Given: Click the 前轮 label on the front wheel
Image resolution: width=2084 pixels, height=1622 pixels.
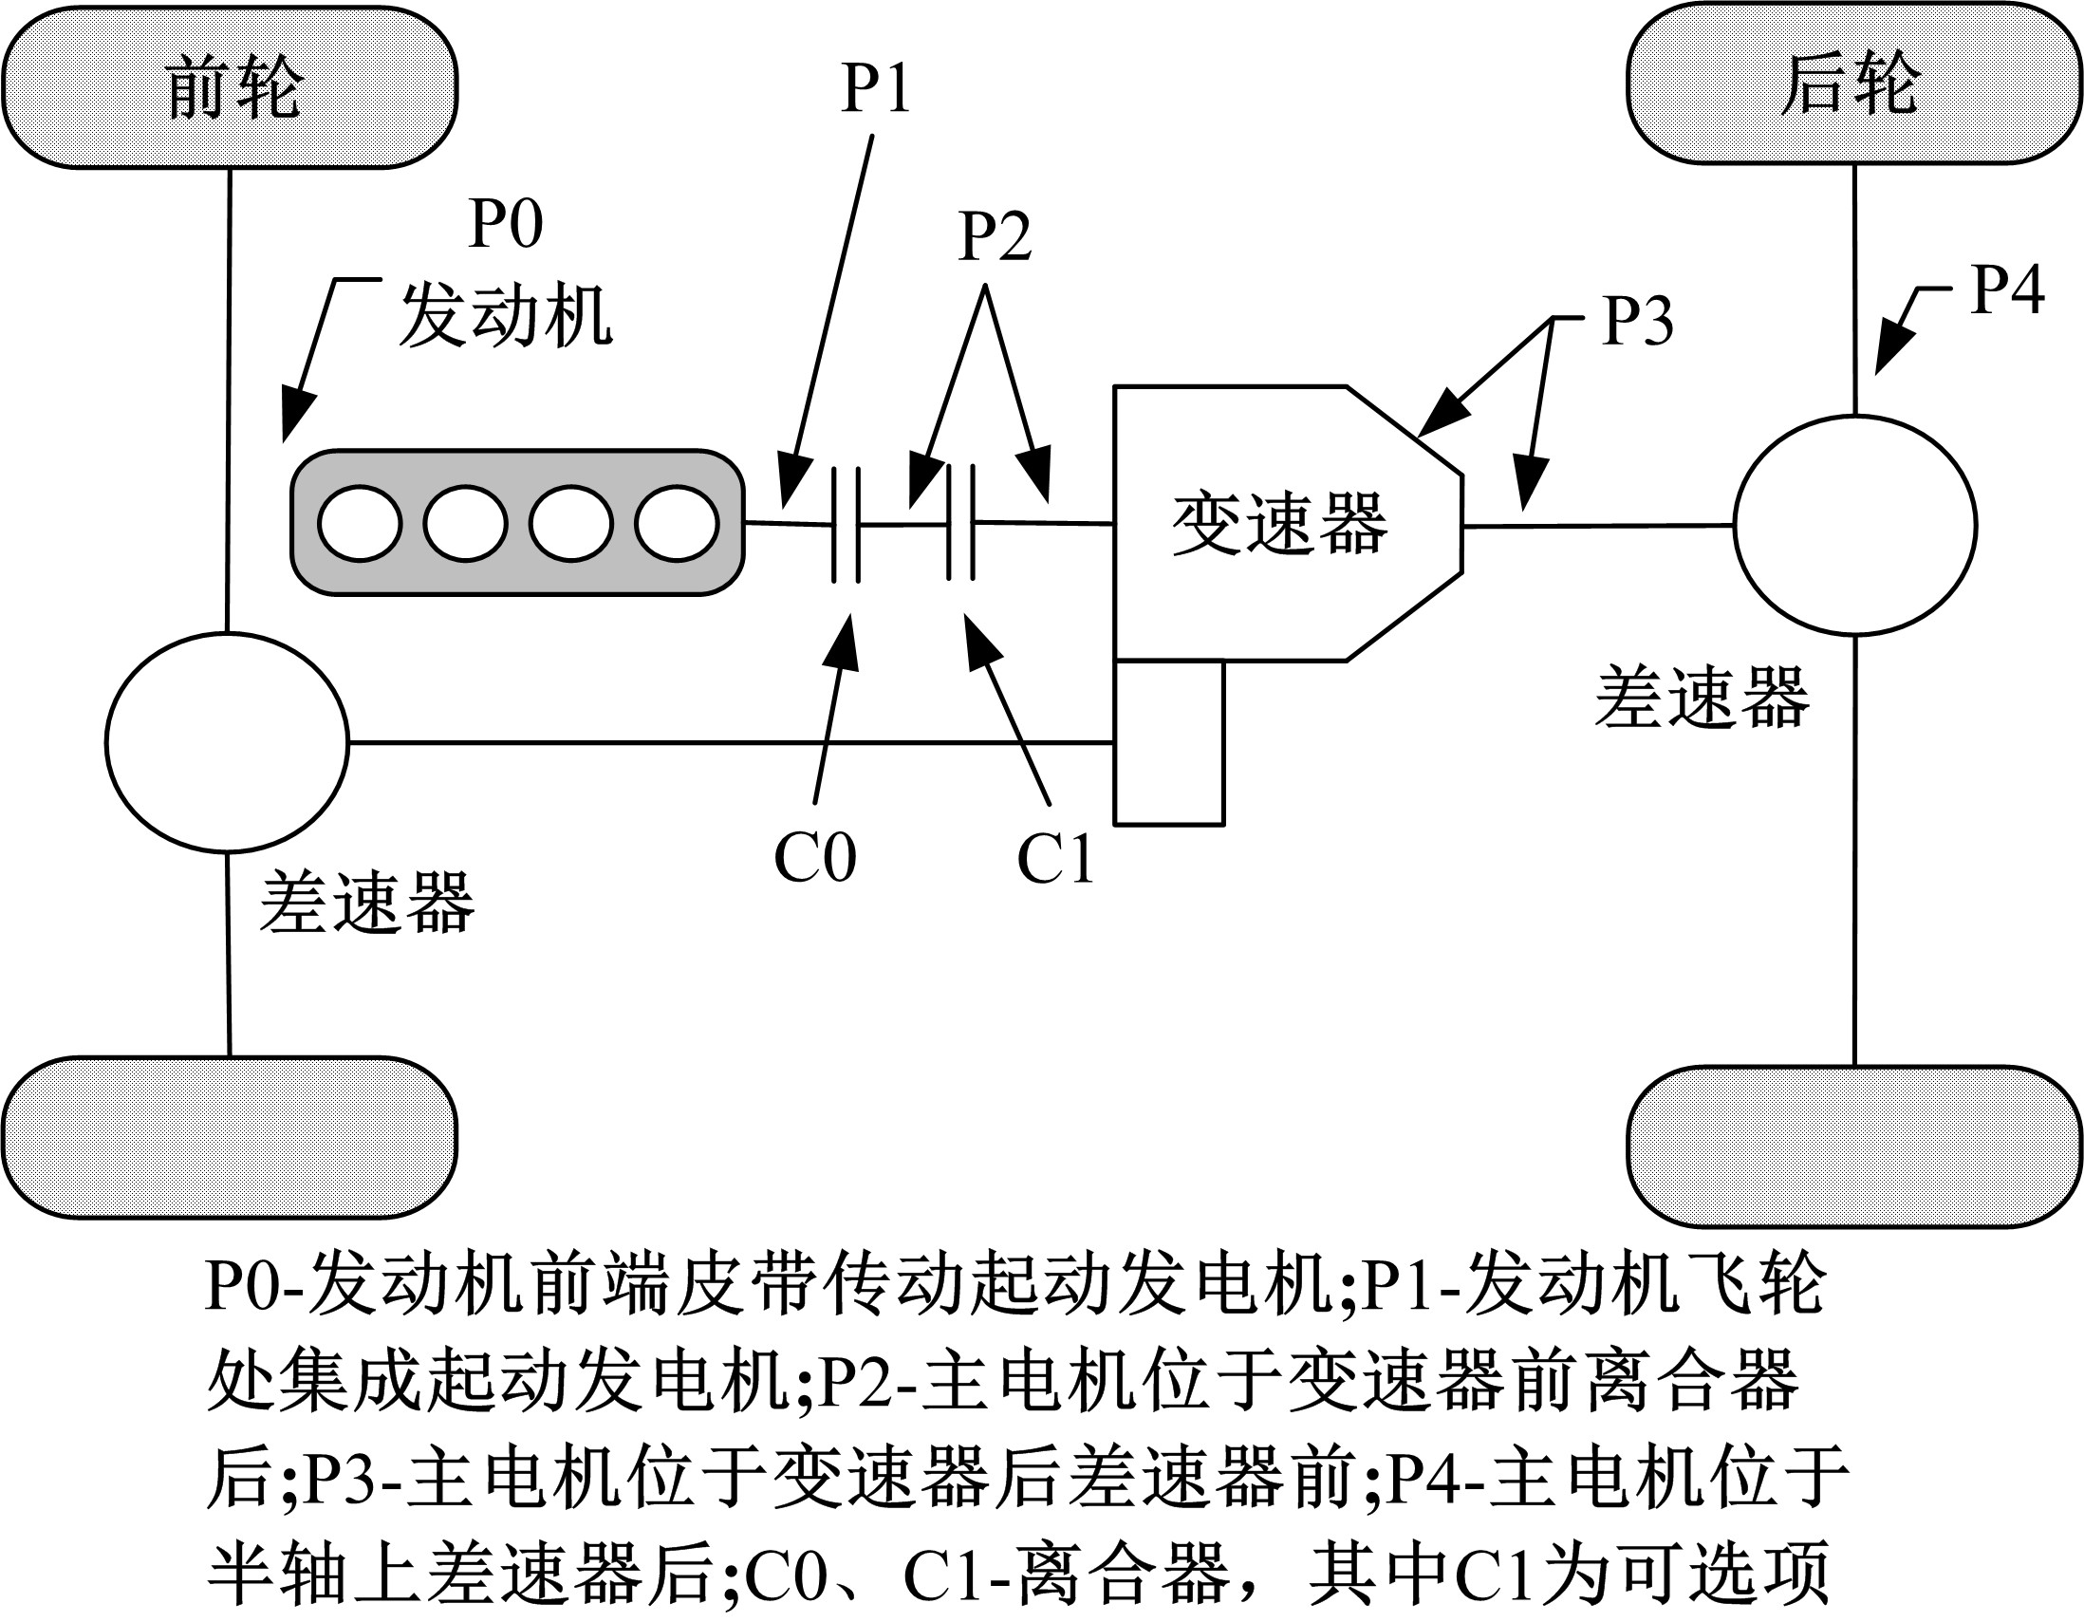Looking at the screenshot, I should pos(234,87).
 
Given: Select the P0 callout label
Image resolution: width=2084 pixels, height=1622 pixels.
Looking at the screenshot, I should pos(506,224).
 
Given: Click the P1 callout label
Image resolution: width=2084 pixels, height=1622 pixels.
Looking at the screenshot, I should pos(875,88).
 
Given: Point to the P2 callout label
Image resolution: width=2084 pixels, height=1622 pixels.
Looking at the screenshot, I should pos(995,236).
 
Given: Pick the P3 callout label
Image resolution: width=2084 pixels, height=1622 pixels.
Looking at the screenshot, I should pos(1637,321).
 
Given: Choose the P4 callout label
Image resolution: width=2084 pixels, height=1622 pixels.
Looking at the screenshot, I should pos(2008,290).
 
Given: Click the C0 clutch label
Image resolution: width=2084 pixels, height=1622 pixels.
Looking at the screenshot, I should pos(815,858).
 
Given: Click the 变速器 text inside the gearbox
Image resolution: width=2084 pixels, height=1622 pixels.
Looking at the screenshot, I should pos(1278,524).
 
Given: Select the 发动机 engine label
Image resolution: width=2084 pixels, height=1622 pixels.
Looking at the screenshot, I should pos(506,317).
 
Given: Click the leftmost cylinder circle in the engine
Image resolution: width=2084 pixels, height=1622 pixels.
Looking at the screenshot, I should pos(360,524).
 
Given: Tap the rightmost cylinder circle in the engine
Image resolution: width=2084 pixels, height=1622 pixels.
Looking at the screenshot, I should pos(677,524).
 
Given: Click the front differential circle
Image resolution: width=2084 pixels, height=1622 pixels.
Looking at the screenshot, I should pos(227,742).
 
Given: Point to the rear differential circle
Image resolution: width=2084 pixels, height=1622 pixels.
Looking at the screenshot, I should pos(1855,525).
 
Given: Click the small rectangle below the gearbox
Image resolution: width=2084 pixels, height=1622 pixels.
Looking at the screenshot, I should pos(1170,742).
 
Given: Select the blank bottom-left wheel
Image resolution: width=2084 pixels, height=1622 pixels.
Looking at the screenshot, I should pos(229,1137).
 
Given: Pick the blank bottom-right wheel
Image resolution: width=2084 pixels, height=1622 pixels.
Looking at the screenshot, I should pos(1853,1145).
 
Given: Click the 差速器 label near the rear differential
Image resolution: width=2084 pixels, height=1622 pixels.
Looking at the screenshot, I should pos(1702,699).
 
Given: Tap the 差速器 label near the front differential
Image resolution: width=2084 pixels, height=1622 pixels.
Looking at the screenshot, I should pos(366,902).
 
